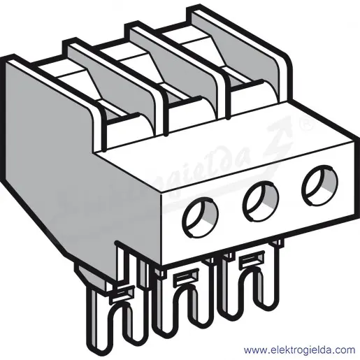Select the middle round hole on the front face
pyautogui.click(x=261, y=201)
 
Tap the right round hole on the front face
pyautogui.click(x=319, y=185)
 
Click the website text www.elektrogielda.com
pyautogui.click(x=299, y=350)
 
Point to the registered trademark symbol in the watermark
pyautogui.click(x=307, y=126)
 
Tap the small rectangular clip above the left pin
pyautogui.click(x=122, y=294)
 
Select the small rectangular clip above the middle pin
pyautogui.click(x=187, y=277)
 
